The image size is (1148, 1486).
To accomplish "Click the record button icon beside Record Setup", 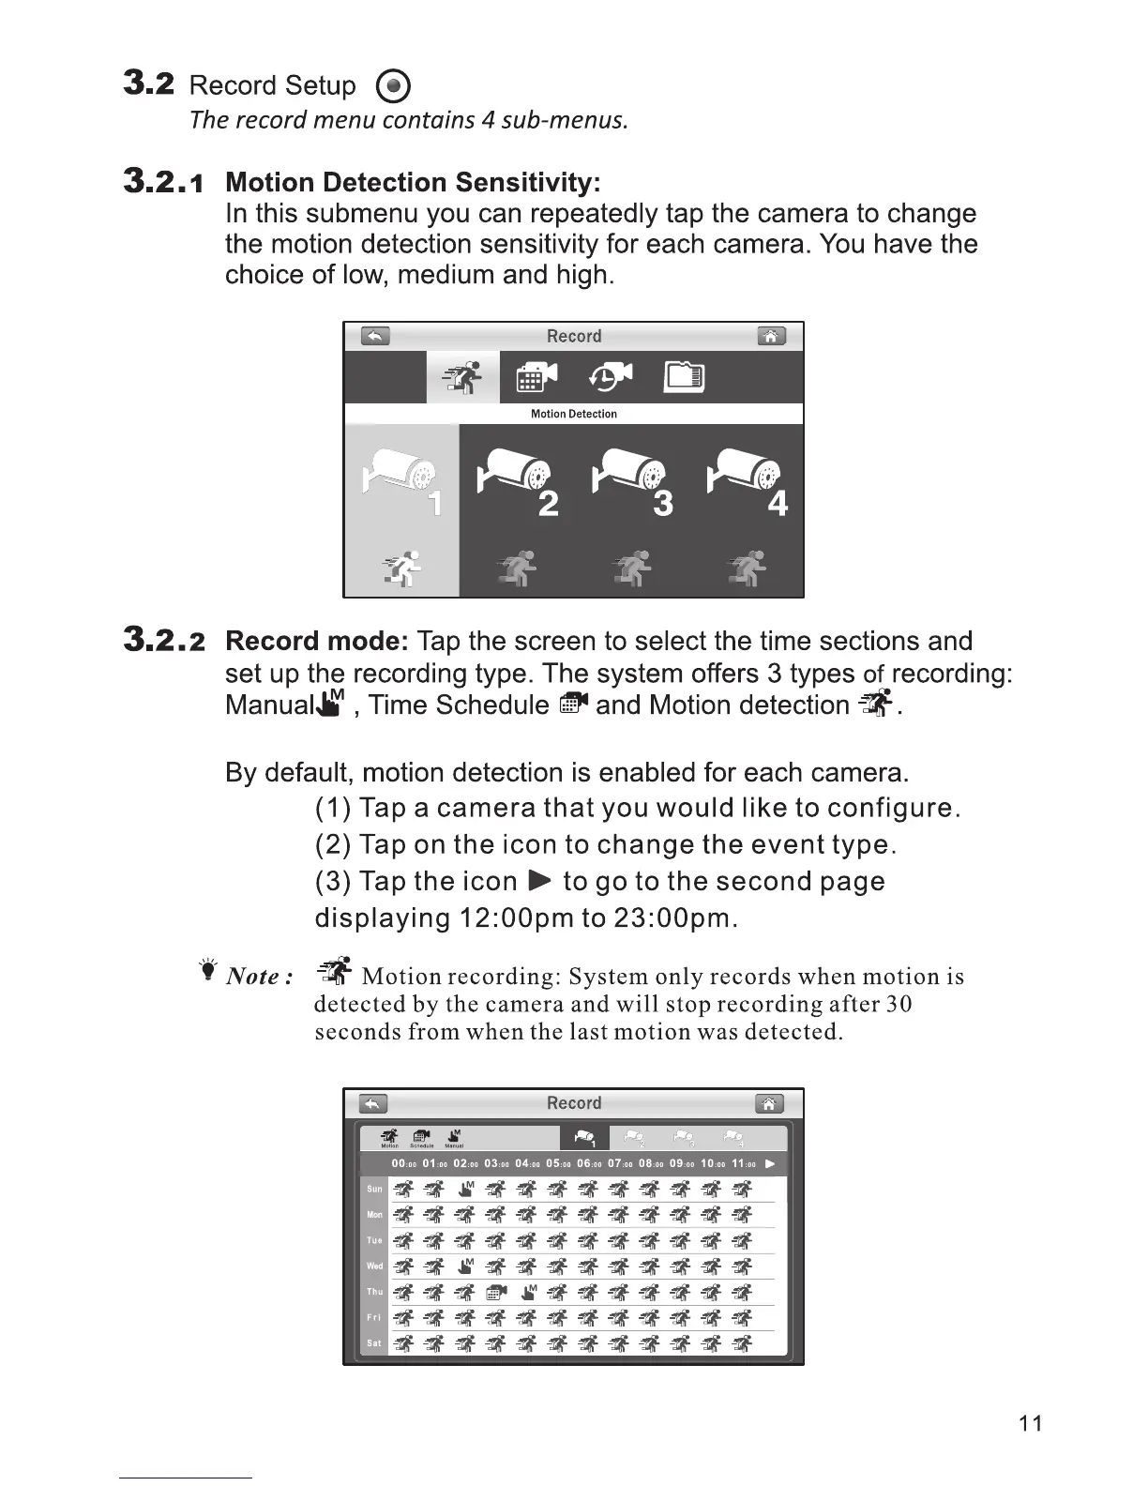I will coord(393,87).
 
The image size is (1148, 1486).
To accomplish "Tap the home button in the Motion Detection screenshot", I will coord(771,336).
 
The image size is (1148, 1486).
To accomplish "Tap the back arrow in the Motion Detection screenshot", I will coord(375,336).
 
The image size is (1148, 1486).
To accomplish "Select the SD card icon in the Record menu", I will coord(684,377).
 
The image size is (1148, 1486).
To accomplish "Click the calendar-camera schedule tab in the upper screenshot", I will coord(536,377).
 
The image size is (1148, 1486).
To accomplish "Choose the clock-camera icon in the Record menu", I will coord(611,377).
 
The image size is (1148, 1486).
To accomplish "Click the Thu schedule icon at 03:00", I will coord(497,1293).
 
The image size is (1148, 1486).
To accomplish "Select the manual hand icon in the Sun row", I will coord(466,1190).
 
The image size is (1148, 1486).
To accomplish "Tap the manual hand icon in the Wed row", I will coord(466,1266).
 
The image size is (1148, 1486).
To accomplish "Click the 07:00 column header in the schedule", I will coord(620,1164).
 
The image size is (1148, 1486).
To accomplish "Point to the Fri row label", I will coord(374,1317).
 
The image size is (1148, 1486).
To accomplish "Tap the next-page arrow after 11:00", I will coord(770,1164).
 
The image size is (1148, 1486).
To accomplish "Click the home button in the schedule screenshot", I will coord(768,1103).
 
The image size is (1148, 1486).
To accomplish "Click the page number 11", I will coord(1030,1423).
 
